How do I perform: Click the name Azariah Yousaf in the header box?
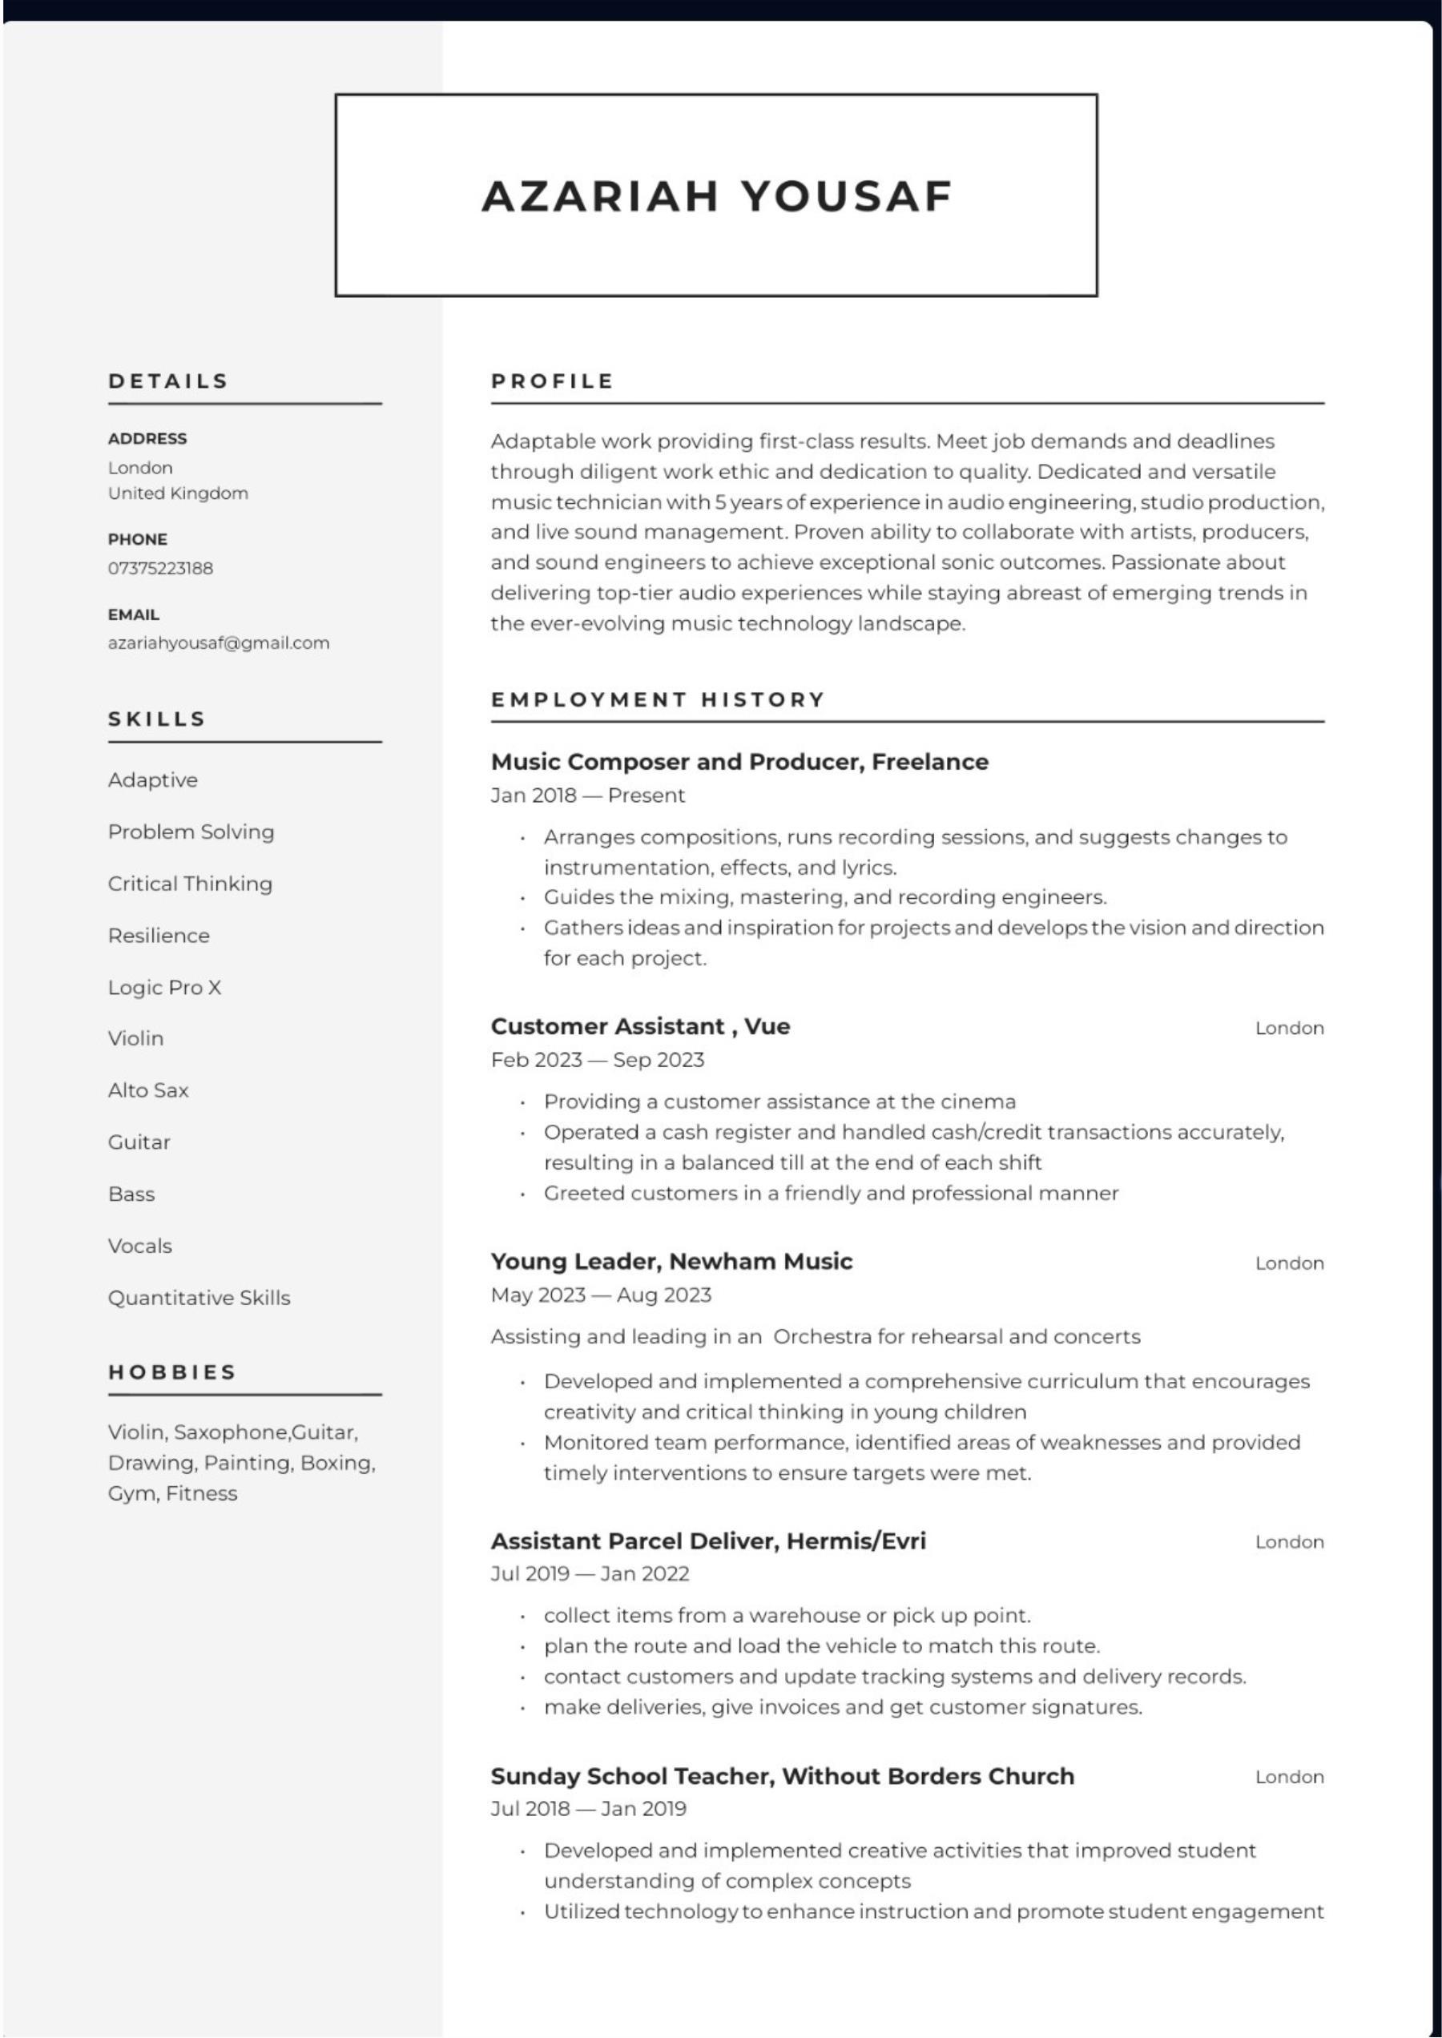pyautogui.click(x=716, y=196)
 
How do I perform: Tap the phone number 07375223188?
pyautogui.click(x=161, y=568)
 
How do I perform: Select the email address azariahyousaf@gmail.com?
pyautogui.click(x=219, y=643)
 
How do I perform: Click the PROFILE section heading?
pyautogui.click(x=552, y=381)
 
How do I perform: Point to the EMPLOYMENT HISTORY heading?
pyautogui.click(x=658, y=699)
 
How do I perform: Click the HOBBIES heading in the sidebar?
pyautogui.click(x=172, y=1372)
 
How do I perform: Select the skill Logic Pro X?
pyautogui.click(x=164, y=988)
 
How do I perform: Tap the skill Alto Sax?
pyautogui.click(x=148, y=1090)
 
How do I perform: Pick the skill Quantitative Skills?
pyautogui.click(x=199, y=1298)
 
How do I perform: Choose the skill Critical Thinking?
pyautogui.click(x=190, y=884)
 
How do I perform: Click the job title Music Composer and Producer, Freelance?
pyautogui.click(x=739, y=762)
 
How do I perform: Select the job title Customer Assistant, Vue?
pyautogui.click(x=640, y=1026)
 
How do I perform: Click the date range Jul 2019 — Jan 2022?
pyautogui.click(x=590, y=1573)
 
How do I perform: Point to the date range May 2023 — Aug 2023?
pyautogui.click(x=601, y=1295)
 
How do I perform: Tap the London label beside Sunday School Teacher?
pyautogui.click(x=1288, y=1777)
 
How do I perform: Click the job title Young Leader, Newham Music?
pyautogui.click(x=671, y=1262)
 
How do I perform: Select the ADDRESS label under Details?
pyautogui.click(x=147, y=439)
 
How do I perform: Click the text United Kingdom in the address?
pyautogui.click(x=178, y=493)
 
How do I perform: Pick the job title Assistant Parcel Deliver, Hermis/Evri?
pyautogui.click(x=707, y=1541)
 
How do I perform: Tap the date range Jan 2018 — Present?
pyautogui.click(x=588, y=795)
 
